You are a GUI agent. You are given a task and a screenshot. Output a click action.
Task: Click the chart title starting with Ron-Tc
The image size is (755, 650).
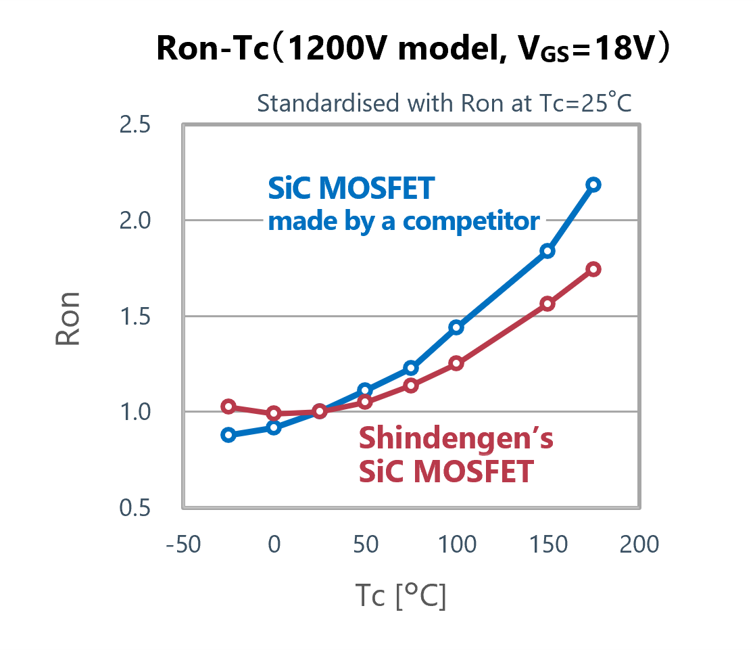pos(413,49)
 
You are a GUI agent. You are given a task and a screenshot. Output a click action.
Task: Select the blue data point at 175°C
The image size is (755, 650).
pos(593,185)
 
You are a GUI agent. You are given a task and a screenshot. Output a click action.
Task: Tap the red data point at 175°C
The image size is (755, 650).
pos(593,269)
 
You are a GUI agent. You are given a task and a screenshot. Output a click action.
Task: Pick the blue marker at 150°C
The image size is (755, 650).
pos(547,251)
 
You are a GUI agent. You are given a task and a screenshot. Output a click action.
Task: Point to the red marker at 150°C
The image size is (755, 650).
pos(547,304)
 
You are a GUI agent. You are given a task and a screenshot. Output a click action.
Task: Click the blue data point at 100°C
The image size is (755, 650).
pos(456,327)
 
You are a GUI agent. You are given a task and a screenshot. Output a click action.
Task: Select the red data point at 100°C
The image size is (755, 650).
pos(456,363)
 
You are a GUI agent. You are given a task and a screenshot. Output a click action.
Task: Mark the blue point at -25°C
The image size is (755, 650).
pos(228,435)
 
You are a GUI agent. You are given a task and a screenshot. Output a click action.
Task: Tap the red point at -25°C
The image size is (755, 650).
pos(228,407)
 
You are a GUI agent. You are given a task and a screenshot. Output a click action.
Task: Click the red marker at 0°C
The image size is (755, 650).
pos(274,413)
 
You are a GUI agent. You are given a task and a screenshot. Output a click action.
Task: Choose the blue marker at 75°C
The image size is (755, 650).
pos(411,368)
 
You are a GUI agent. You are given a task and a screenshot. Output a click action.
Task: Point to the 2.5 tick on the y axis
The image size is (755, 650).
pos(135,126)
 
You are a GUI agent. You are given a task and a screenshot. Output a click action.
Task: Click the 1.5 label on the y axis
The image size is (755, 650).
pos(135,317)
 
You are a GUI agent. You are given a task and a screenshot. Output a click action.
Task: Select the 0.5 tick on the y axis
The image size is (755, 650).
pos(135,509)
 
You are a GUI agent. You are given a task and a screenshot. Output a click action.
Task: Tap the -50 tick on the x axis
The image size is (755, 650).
pos(183,544)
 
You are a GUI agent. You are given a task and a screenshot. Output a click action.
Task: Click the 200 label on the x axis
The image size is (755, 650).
pos(639,544)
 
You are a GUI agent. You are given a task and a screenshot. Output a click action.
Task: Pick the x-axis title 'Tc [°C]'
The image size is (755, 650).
pos(400,597)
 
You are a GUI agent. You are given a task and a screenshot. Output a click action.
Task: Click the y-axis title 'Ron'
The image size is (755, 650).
pos(68,319)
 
